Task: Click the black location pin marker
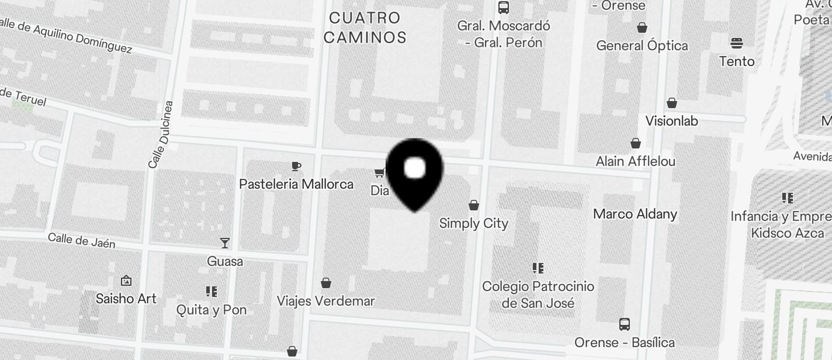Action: point(415,173)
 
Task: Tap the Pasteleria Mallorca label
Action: point(296,184)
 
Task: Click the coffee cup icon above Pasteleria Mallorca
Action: point(296,167)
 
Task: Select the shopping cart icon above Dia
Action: point(380,172)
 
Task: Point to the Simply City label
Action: point(473,223)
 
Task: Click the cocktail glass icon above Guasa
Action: point(225,243)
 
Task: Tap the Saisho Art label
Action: point(126,299)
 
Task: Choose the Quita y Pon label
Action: point(212,310)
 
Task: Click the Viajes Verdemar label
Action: point(325,301)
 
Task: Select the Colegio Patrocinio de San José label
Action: point(538,295)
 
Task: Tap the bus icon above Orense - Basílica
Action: point(624,324)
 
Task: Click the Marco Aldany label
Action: point(635,214)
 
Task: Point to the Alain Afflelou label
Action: point(635,161)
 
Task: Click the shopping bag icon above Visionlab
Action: point(672,103)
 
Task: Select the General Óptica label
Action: point(642,46)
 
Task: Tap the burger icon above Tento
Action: point(736,43)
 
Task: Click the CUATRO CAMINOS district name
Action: point(365,27)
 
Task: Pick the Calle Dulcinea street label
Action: point(161,135)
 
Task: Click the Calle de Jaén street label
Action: point(81,240)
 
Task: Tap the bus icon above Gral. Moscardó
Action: point(503,8)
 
